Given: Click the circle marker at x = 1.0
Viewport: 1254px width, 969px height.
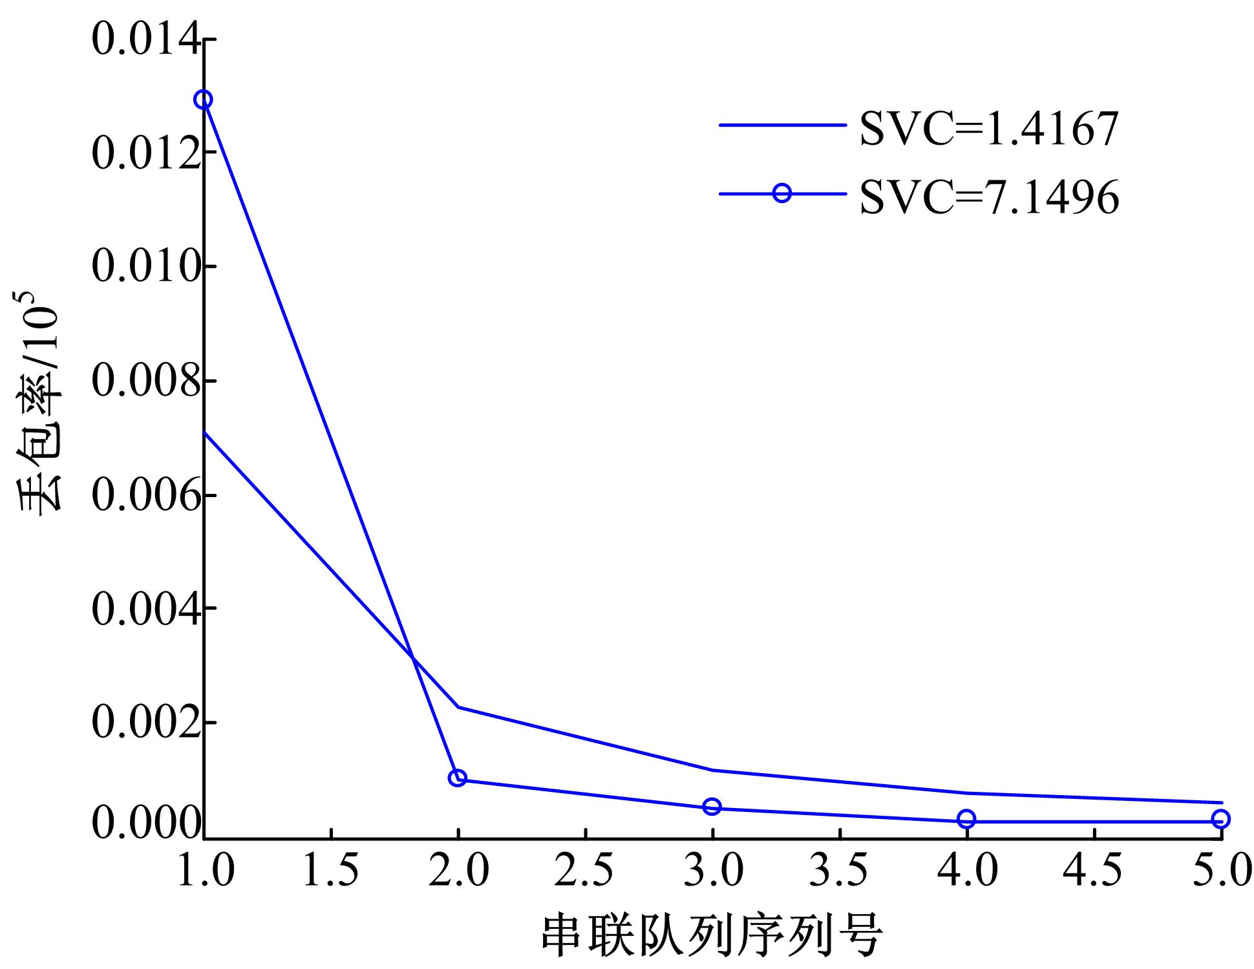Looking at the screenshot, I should [204, 100].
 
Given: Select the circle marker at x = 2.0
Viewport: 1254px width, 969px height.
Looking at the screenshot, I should [458, 778].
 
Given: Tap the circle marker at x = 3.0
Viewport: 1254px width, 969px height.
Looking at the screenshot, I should [712, 806].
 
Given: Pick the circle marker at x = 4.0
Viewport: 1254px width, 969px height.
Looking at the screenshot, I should [966, 819].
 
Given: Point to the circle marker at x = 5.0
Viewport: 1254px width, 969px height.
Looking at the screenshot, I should [1220, 819].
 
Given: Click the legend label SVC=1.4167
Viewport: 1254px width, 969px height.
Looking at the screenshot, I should [989, 129].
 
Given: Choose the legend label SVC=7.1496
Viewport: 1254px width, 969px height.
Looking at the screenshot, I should [989, 197].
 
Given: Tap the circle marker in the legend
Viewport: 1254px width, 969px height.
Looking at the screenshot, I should [782, 193].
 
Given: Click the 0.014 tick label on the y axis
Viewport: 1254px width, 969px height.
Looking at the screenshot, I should [145, 40].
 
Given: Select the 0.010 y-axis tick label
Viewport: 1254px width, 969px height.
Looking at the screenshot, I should [145, 266].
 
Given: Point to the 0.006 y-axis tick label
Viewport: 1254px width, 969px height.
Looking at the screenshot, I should [145, 495].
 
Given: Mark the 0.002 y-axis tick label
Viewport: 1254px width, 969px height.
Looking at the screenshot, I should [145, 723].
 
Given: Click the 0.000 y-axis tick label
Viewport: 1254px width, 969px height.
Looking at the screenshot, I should [145, 823].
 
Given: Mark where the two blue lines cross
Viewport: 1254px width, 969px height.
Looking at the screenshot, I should [412, 658].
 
